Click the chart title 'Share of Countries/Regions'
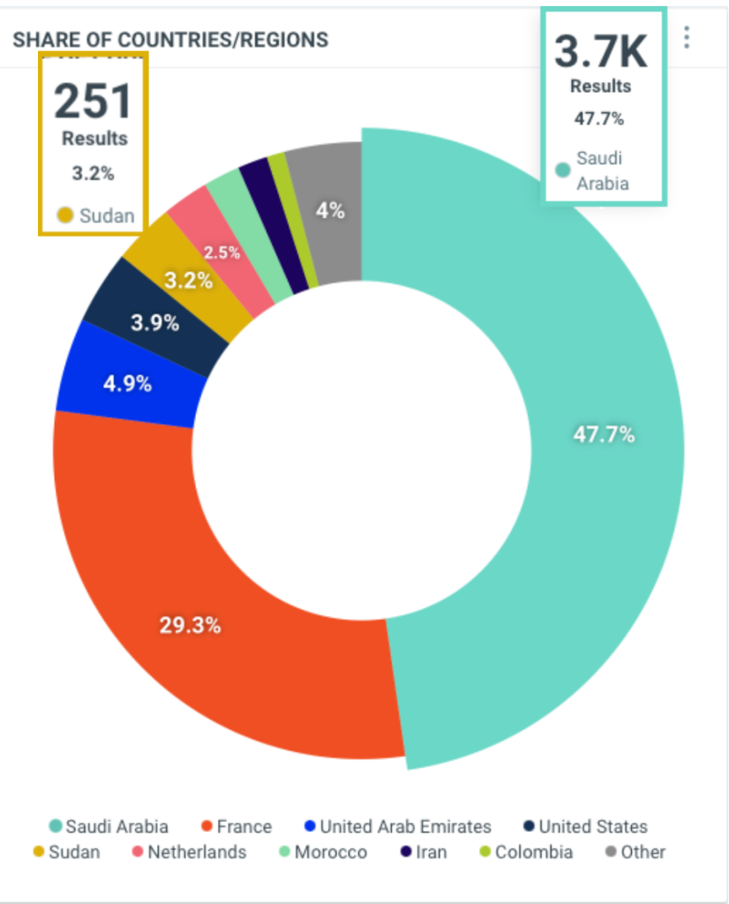pyautogui.click(x=170, y=40)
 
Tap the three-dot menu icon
pyautogui.click(x=687, y=37)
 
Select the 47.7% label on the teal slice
pyautogui.click(x=605, y=434)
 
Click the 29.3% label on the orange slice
pyautogui.click(x=190, y=625)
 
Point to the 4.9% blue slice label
pyautogui.click(x=128, y=384)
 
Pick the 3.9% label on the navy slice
pyautogui.click(x=154, y=322)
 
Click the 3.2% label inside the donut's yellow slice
pyautogui.click(x=189, y=281)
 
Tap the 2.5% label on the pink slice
pyautogui.click(x=222, y=252)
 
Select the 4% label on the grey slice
pyautogui.click(x=330, y=211)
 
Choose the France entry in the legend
pyautogui.click(x=237, y=827)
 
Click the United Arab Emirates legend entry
pyautogui.click(x=397, y=827)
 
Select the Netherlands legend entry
pyautogui.click(x=188, y=853)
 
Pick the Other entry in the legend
pyautogui.click(x=635, y=853)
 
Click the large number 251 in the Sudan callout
pyautogui.click(x=93, y=101)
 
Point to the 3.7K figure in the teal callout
pyautogui.click(x=601, y=52)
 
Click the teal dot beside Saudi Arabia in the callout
pyautogui.click(x=562, y=169)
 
